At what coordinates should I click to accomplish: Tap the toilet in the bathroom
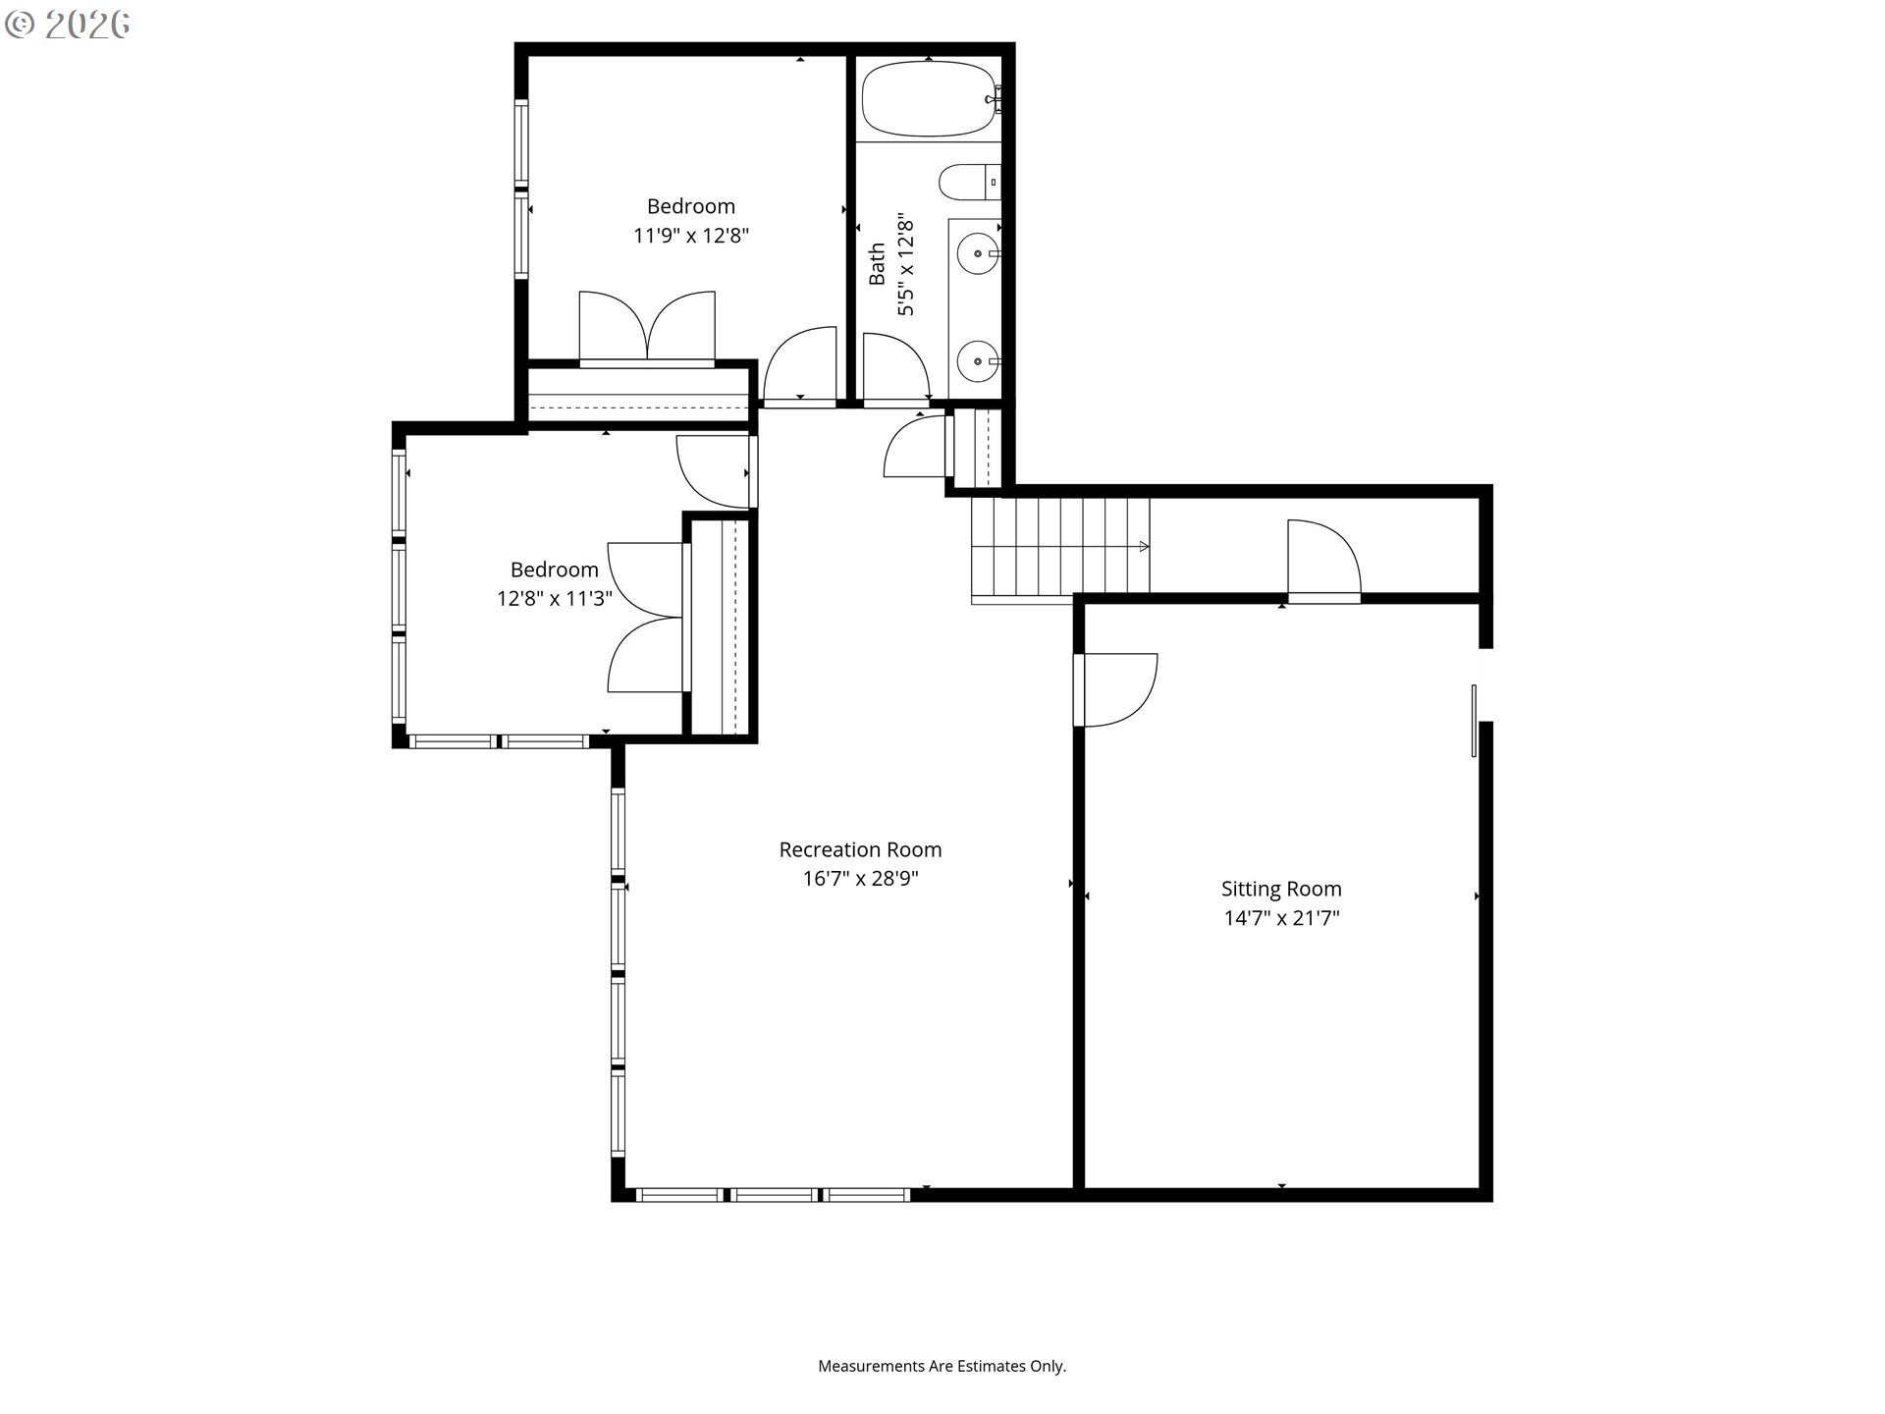(970, 183)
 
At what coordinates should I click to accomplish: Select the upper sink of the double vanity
(979, 254)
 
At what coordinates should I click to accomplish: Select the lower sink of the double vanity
(979, 361)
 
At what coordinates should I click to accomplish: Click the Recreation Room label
(860, 849)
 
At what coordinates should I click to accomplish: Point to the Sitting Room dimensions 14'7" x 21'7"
(1281, 918)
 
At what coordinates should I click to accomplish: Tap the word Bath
(877, 265)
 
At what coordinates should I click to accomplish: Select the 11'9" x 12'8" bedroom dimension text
(691, 236)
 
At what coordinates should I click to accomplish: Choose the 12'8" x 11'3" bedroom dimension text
(555, 599)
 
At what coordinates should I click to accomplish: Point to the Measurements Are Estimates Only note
(942, 1366)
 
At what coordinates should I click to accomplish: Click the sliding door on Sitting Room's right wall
(1475, 721)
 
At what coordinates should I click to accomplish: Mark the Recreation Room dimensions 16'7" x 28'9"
(860, 879)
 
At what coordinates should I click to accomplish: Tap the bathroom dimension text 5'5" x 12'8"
(906, 267)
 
